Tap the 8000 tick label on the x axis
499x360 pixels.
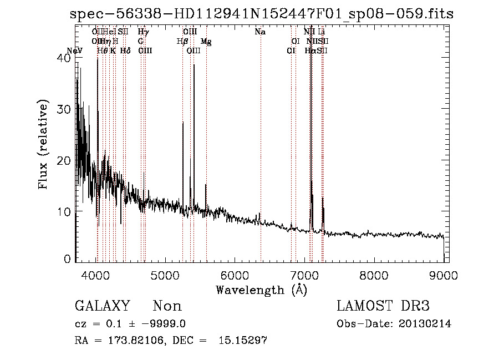tap(374, 275)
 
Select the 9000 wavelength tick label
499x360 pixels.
tap(444, 275)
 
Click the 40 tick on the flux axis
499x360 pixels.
tap(65, 58)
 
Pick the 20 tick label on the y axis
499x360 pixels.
tap(65, 160)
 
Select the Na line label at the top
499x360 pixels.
tap(260, 32)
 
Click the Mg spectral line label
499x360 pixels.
tap(206, 42)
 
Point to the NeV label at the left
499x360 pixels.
tap(74, 51)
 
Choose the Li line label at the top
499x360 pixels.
tap(321, 32)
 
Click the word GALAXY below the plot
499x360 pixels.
tap(102, 306)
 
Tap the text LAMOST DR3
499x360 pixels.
tap(383, 306)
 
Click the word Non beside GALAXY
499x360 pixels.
tap(167, 306)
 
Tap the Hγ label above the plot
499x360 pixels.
tap(143, 32)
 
